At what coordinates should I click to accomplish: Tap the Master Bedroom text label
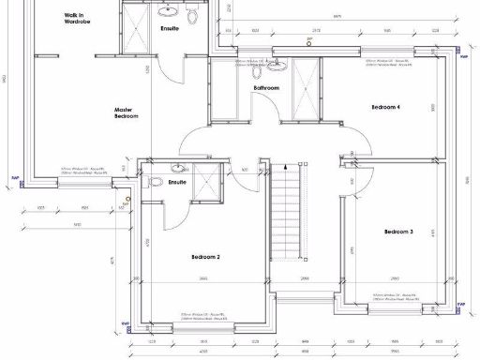[x=127, y=112]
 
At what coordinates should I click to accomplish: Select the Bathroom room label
[x=266, y=88]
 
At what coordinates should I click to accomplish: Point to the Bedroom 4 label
[x=385, y=108]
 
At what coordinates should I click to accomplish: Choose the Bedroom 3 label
[x=397, y=231]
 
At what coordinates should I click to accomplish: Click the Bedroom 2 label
[x=205, y=256]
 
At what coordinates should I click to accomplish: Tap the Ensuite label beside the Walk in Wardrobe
[x=170, y=28]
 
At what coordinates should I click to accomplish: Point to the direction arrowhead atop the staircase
[x=286, y=166]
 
